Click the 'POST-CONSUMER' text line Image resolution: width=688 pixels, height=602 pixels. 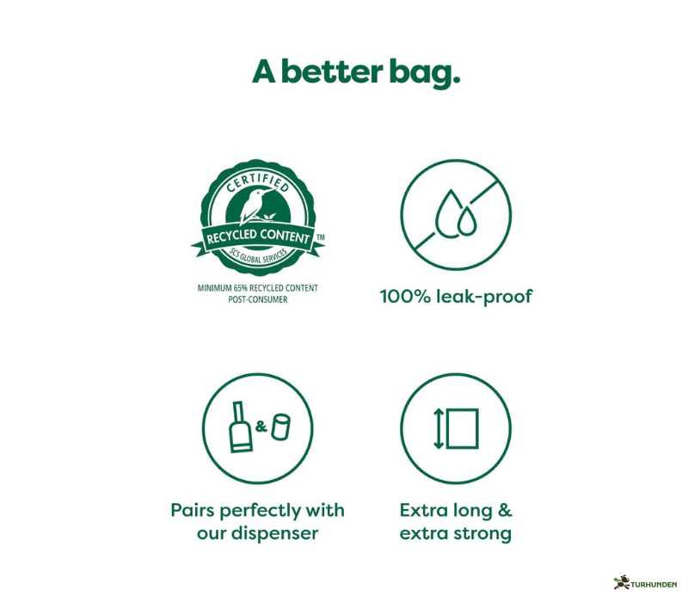point(258,300)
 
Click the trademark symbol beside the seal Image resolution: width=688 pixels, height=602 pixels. point(321,236)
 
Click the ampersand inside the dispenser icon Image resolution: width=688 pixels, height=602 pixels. point(261,425)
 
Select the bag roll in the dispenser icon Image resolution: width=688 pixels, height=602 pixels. point(280,426)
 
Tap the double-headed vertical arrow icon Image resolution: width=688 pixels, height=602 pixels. point(439,427)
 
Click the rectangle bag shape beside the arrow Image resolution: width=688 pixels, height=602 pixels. point(463,427)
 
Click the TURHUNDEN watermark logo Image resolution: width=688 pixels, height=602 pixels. point(647,583)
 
